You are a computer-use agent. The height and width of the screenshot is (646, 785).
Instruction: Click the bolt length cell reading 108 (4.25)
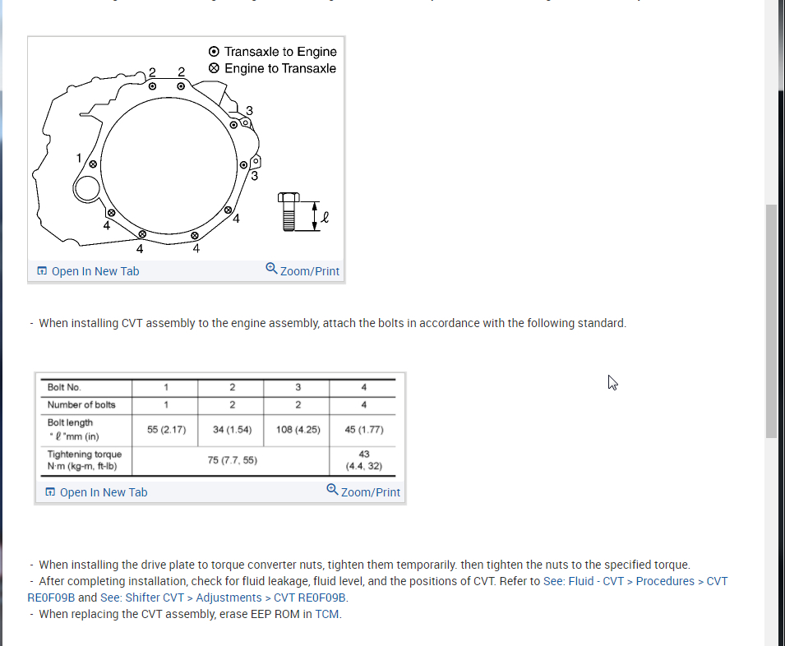click(x=298, y=429)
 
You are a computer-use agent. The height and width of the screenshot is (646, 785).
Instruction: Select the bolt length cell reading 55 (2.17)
click(x=166, y=429)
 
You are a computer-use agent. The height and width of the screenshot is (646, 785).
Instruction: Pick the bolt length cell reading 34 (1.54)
click(x=232, y=429)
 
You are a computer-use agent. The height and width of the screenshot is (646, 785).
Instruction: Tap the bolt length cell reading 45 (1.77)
click(x=364, y=429)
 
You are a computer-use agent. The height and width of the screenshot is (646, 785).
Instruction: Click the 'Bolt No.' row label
click(x=64, y=387)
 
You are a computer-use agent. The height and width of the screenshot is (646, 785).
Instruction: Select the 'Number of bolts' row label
click(x=81, y=404)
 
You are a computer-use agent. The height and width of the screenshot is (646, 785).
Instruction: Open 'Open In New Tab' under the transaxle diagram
click(x=95, y=271)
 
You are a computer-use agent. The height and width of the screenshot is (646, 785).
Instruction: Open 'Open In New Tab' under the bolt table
click(x=104, y=492)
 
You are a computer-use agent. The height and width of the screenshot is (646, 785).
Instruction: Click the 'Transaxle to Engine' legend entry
click(x=279, y=51)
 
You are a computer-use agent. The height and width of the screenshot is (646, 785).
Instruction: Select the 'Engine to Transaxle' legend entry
click(x=279, y=68)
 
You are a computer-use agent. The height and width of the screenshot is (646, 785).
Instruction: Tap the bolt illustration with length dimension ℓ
click(x=289, y=212)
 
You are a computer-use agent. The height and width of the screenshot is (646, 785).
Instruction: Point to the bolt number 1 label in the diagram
click(x=80, y=157)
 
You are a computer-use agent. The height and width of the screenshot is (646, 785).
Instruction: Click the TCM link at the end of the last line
click(x=327, y=614)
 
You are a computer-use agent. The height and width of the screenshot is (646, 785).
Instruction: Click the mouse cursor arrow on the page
click(x=612, y=382)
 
